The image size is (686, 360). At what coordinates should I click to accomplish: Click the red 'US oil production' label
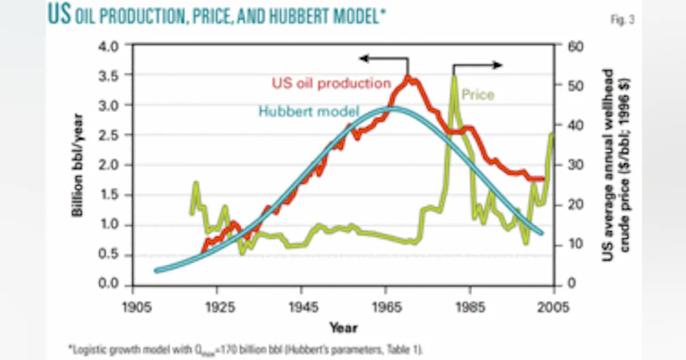point(331,83)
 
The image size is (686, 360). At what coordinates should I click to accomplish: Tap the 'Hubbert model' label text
point(309,111)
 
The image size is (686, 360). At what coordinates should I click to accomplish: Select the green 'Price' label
point(477,95)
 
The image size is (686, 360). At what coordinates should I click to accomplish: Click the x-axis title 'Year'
point(343,327)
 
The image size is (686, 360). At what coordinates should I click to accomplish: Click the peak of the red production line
point(407,77)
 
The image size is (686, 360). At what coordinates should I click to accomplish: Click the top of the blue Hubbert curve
point(394,109)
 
